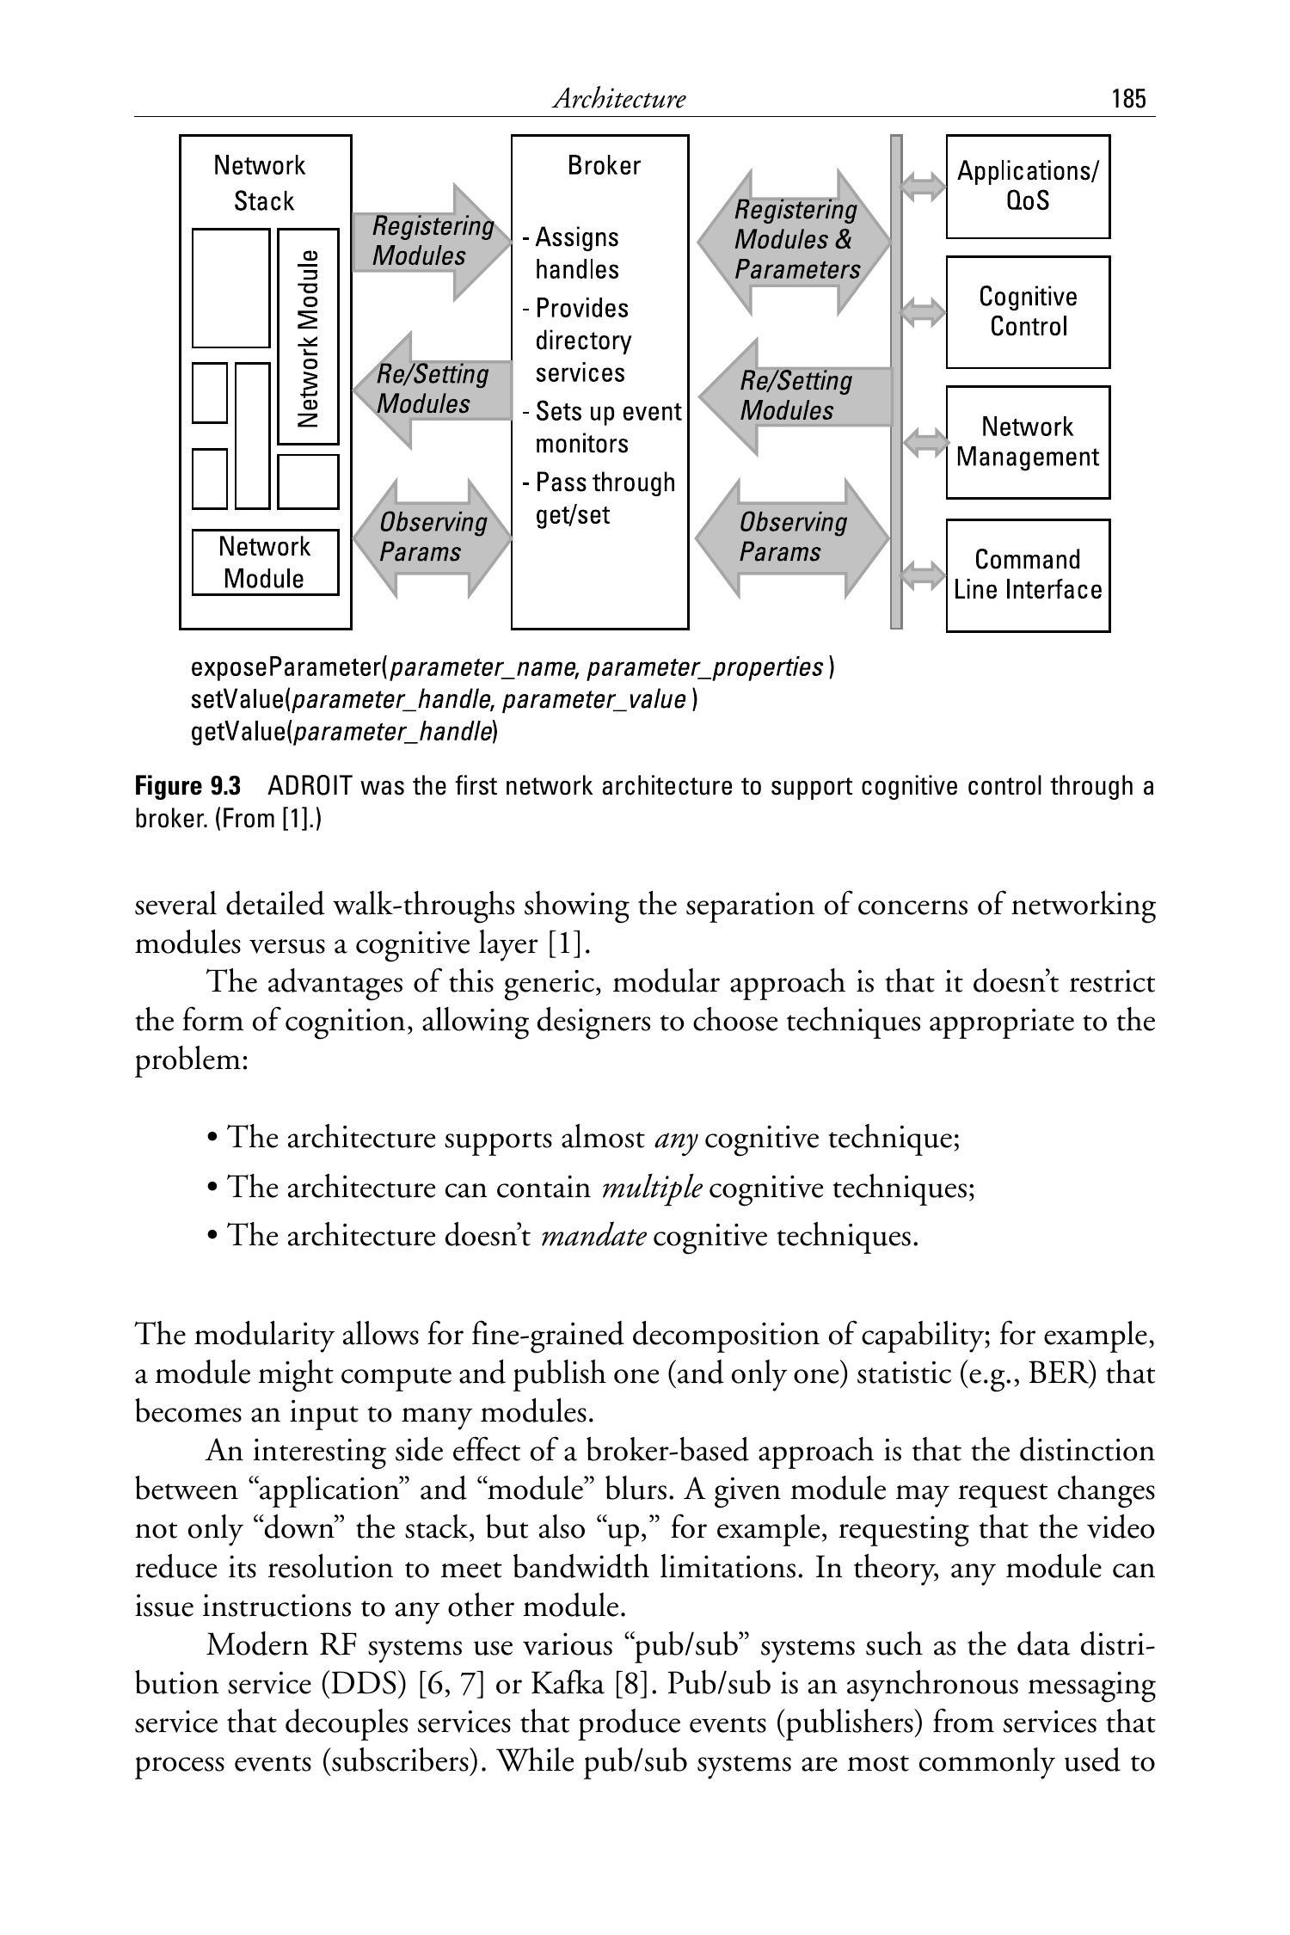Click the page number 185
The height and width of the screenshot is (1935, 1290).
pos(1128,99)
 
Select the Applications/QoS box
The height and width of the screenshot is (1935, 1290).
pos(1028,187)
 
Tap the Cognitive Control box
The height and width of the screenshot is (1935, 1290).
pos(1028,311)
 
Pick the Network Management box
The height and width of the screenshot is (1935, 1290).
pos(1028,442)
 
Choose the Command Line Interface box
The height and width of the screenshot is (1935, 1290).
pos(1028,574)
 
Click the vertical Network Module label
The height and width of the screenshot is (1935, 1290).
pos(308,337)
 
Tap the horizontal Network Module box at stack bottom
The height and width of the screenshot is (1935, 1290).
pos(265,562)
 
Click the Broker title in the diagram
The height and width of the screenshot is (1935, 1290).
pos(604,165)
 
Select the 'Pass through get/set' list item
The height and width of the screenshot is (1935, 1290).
pos(602,498)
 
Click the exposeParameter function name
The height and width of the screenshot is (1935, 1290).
pos(286,667)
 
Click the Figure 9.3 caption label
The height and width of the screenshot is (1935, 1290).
pos(187,786)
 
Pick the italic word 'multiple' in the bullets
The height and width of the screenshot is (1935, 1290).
pos(652,1188)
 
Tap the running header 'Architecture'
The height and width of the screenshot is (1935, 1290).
pos(618,99)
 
